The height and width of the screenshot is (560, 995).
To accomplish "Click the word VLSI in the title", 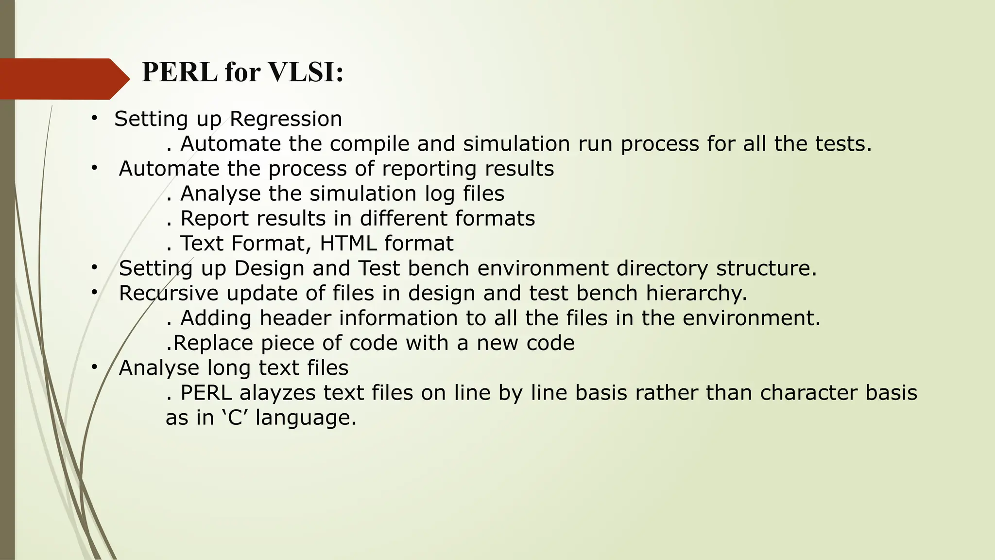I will coord(306,72).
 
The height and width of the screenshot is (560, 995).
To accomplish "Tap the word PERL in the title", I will coord(179,72).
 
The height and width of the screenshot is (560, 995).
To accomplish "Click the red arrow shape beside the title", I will coord(63,79).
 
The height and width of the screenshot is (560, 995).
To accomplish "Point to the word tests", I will coord(843,144).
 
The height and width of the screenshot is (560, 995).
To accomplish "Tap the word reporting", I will coord(429,169).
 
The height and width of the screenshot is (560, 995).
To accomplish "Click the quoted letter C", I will coord(235,418).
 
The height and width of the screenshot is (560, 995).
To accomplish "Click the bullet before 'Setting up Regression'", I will coord(94,118).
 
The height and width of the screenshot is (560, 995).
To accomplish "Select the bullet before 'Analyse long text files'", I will coord(94,367).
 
